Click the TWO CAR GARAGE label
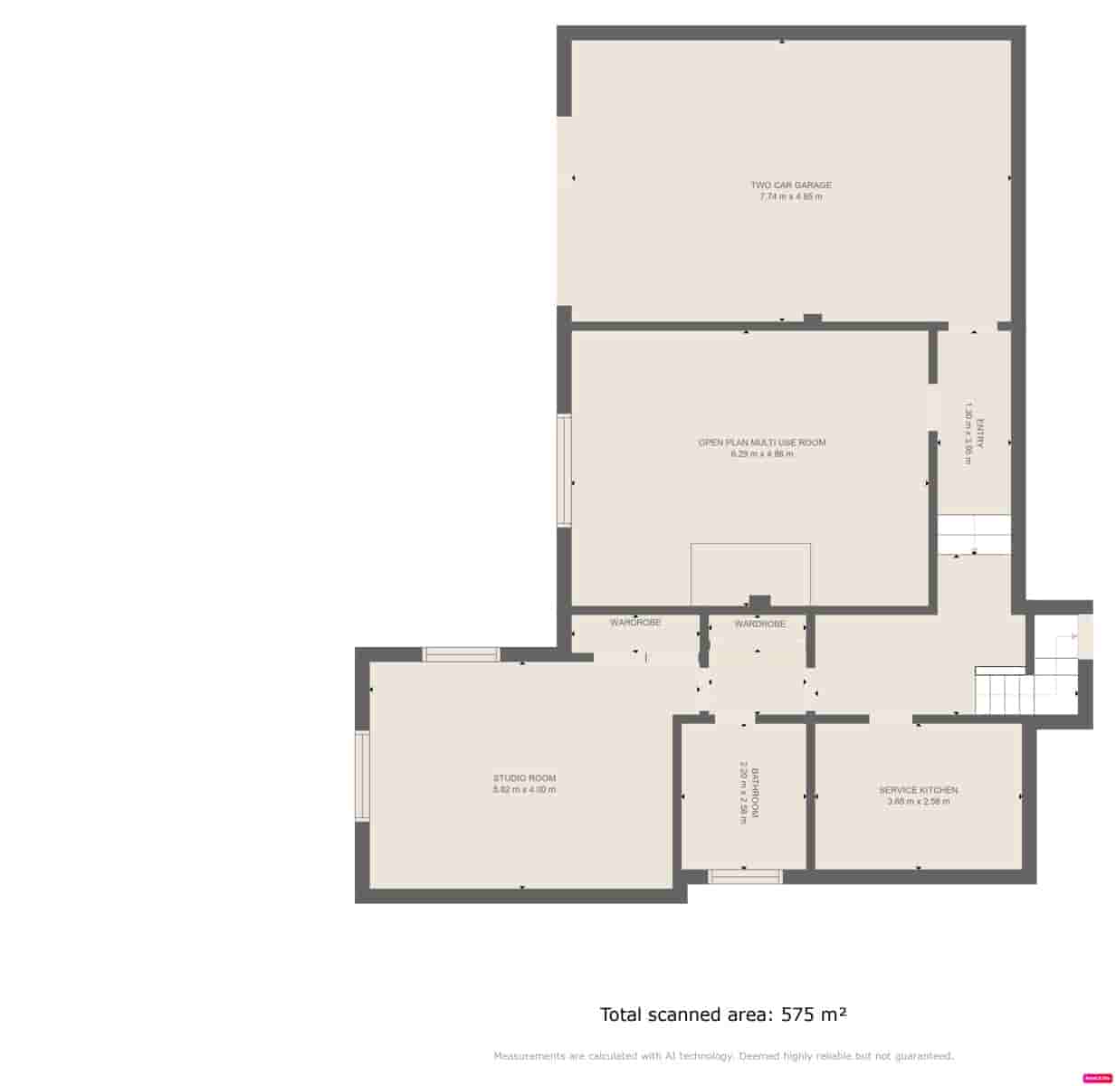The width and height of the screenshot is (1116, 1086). [790, 185]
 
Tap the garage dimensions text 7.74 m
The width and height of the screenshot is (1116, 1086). [790, 196]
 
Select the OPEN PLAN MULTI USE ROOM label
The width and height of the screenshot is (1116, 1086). [761, 443]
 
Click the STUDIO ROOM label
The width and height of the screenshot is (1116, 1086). [524, 778]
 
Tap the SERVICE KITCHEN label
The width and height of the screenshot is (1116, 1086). [918, 790]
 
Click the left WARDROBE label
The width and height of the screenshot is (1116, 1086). [634, 623]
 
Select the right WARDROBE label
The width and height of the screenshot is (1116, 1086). [759, 624]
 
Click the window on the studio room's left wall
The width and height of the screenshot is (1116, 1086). [362, 776]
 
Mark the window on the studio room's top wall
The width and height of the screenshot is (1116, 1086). [462, 654]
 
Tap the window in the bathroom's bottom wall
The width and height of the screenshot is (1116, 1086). [744, 876]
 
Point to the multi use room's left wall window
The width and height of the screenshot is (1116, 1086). [564, 470]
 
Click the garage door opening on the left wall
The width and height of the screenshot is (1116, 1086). [564, 210]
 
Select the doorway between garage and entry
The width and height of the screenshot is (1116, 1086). [972, 326]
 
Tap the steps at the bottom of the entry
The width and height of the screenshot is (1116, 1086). [973, 535]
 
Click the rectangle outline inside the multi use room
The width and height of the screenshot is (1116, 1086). [750, 574]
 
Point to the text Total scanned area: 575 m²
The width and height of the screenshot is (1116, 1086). [723, 1015]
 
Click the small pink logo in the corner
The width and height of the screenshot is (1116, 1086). [1097, 1078]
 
